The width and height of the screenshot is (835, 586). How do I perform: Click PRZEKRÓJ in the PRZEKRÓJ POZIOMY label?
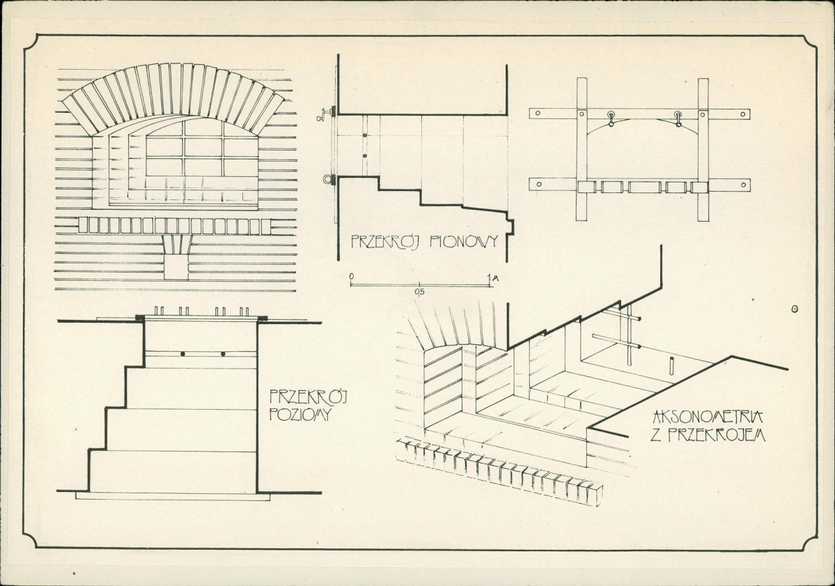pos(308,397)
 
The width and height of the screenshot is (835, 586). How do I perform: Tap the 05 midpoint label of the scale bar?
pos(419,292)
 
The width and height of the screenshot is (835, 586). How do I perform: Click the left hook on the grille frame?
pos(611,119)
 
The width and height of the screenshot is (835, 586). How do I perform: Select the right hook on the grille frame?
pos(677,119)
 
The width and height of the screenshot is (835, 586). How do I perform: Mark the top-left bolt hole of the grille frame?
pos(538,114)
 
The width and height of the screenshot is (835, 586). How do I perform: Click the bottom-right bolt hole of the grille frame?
pos(744,185)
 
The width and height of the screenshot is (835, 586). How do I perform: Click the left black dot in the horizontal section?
pos(182,354)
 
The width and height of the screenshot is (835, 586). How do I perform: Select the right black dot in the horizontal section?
pos(223,354)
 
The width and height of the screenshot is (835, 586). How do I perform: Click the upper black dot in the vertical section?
pos(364,134)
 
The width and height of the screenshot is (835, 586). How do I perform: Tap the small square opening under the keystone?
pos(176,268)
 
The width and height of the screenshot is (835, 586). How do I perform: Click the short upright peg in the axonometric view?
pos(671,367)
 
